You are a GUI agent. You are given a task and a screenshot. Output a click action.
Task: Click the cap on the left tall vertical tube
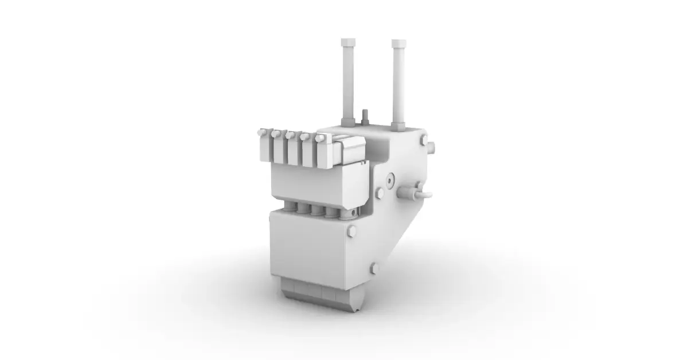(x=347, y=44)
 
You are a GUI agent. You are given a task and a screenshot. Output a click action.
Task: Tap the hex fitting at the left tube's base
(x=348, y=121)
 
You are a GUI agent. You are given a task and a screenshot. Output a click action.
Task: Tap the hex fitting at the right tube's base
(x=398, y=124)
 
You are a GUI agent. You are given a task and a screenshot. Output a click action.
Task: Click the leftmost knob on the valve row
(x=263, y=132)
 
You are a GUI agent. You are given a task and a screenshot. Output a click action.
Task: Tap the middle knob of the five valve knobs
(x=290, y=135)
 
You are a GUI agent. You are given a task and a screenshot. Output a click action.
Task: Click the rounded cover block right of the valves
(x=349, y=150)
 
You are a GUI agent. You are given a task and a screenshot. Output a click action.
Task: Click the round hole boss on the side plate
(x=390, y=180)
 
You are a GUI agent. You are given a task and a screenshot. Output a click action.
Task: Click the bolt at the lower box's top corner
(x=352, y=232)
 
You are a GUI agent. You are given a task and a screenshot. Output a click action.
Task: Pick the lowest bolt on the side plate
(x=374, y=267)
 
